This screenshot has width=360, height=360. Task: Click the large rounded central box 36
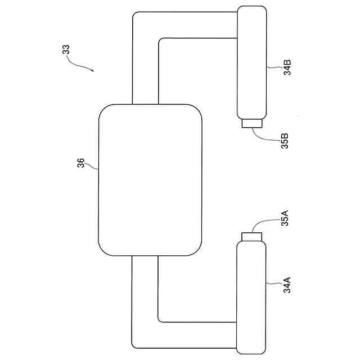click(x=150, y=179)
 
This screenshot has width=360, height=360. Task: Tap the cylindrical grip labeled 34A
click(x=251, y=295)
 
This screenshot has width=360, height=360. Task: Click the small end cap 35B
click(x=252, y=123)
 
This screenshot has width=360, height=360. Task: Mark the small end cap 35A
click(x=252, y=236)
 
